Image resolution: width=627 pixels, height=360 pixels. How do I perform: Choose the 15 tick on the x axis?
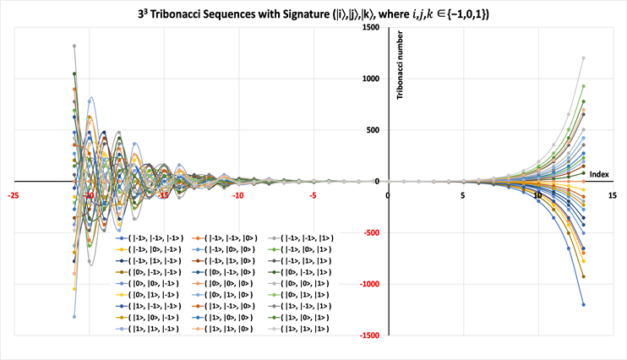611,196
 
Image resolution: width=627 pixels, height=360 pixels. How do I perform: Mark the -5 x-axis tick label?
313,196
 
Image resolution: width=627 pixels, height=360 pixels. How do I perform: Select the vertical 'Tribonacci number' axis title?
402,67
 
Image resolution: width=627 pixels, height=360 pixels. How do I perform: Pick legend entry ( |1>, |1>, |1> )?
303,328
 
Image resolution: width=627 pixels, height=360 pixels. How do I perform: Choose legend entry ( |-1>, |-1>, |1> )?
303,239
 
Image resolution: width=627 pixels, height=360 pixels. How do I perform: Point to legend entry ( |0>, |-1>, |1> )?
303,273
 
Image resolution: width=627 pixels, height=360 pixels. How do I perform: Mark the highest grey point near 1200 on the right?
583,58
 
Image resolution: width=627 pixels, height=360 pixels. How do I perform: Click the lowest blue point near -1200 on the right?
583,304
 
